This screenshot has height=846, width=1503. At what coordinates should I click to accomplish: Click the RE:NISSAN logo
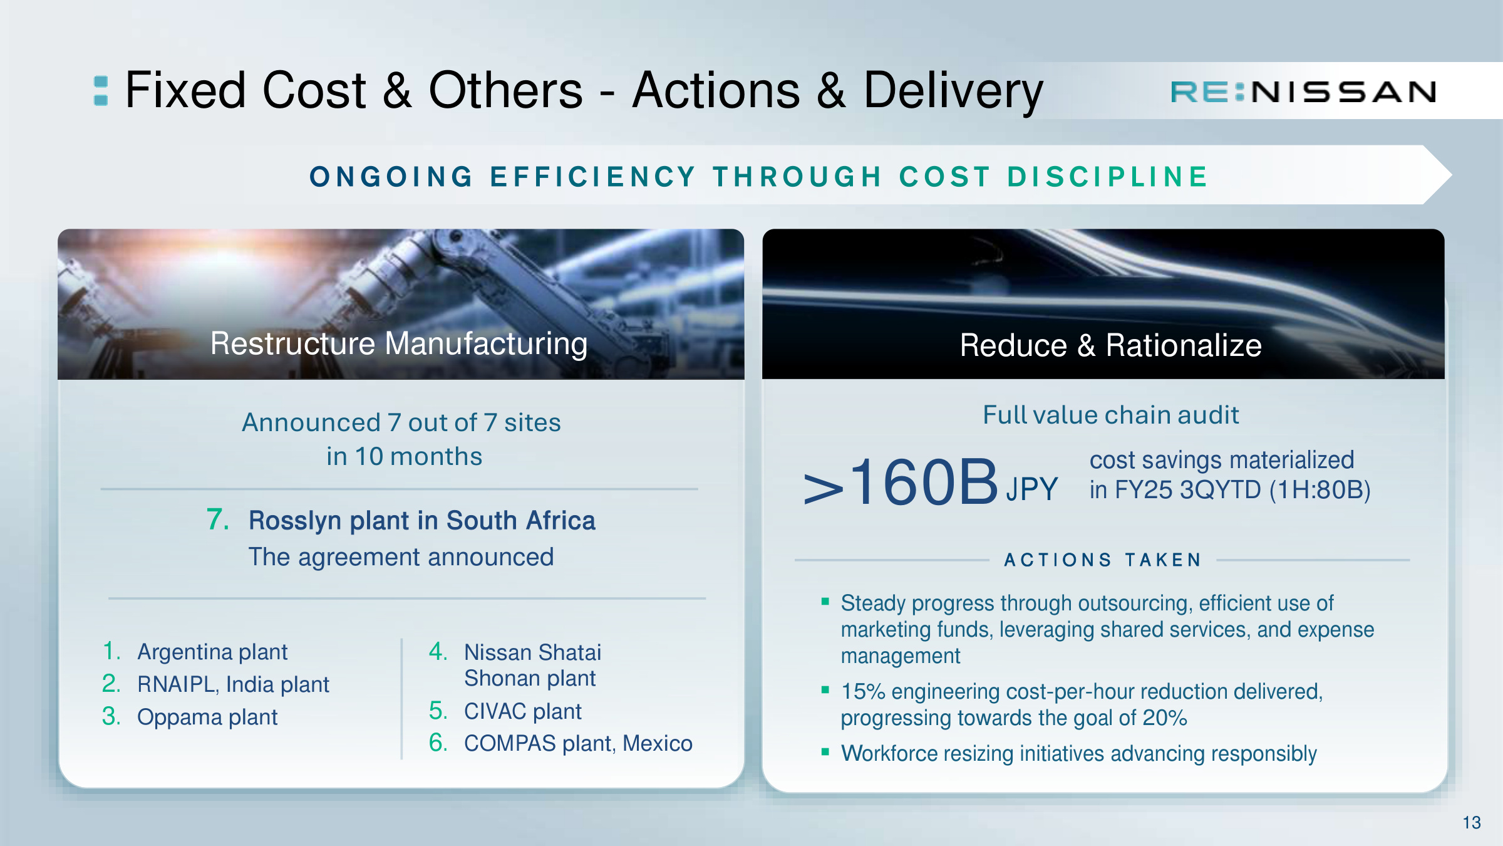tap(1303, 92)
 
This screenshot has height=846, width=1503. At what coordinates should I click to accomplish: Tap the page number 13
tap(1472, 822)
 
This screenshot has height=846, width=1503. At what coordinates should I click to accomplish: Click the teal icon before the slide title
tap(100, 91)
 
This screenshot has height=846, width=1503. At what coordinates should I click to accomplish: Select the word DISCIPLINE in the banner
tap(1107, 177)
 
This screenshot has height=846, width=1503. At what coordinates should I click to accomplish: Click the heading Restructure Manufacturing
tap(399, 343)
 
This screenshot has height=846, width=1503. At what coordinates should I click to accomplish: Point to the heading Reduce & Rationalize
tap(1110, 345)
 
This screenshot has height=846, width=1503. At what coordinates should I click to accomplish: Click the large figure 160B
tap(924, 481)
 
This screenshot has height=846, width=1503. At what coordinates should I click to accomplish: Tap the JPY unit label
tap(1032, 489)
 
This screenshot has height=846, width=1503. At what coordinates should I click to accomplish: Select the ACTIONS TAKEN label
tap(1103, 560)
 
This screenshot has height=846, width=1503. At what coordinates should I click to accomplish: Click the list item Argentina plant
tap(212, 652)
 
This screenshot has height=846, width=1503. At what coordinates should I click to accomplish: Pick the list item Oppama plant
tap(207, 716)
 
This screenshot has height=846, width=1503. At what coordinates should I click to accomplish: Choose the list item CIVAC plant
tap(523, 711)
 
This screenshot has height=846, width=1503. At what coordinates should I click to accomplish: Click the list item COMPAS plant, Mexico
tap(578, 743)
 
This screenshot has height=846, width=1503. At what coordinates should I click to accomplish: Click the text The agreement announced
tap(401, 556)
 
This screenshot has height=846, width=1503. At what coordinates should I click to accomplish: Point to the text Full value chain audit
tap(1110, 415)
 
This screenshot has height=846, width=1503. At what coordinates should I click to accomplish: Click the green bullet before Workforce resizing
tap(825, 751)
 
